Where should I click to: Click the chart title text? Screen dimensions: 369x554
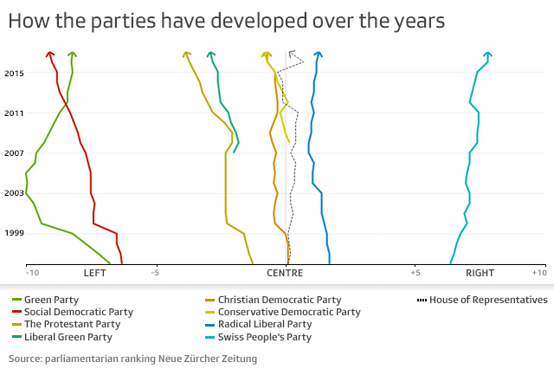click(x=227, y=22)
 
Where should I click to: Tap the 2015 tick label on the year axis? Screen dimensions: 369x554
click(x=13, y=73)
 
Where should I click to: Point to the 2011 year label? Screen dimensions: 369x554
click(x=13, y=113)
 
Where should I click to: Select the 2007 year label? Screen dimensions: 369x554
click(x=13, y=153)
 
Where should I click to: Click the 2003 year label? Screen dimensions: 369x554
click(x=13, y=193)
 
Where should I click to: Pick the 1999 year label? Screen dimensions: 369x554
click(x=13, y=233)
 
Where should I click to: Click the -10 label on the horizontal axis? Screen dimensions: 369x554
click(x=32, y=273)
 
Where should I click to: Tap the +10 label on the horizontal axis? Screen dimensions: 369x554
click(x=538, y=273)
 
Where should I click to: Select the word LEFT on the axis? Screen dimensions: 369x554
click(x=94, y=273)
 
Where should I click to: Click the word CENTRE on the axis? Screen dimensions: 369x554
click(x=285, y=273)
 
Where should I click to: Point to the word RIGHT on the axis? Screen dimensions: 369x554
click(x=480, y=273)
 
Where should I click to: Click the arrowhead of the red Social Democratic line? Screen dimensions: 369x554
click(x=50, y=55)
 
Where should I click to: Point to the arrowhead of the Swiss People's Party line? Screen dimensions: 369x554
click(x=488, y=55)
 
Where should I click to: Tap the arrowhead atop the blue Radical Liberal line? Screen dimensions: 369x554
click(x=319, y=55)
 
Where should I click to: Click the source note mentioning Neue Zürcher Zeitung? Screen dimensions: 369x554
click(x=132, y=357)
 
